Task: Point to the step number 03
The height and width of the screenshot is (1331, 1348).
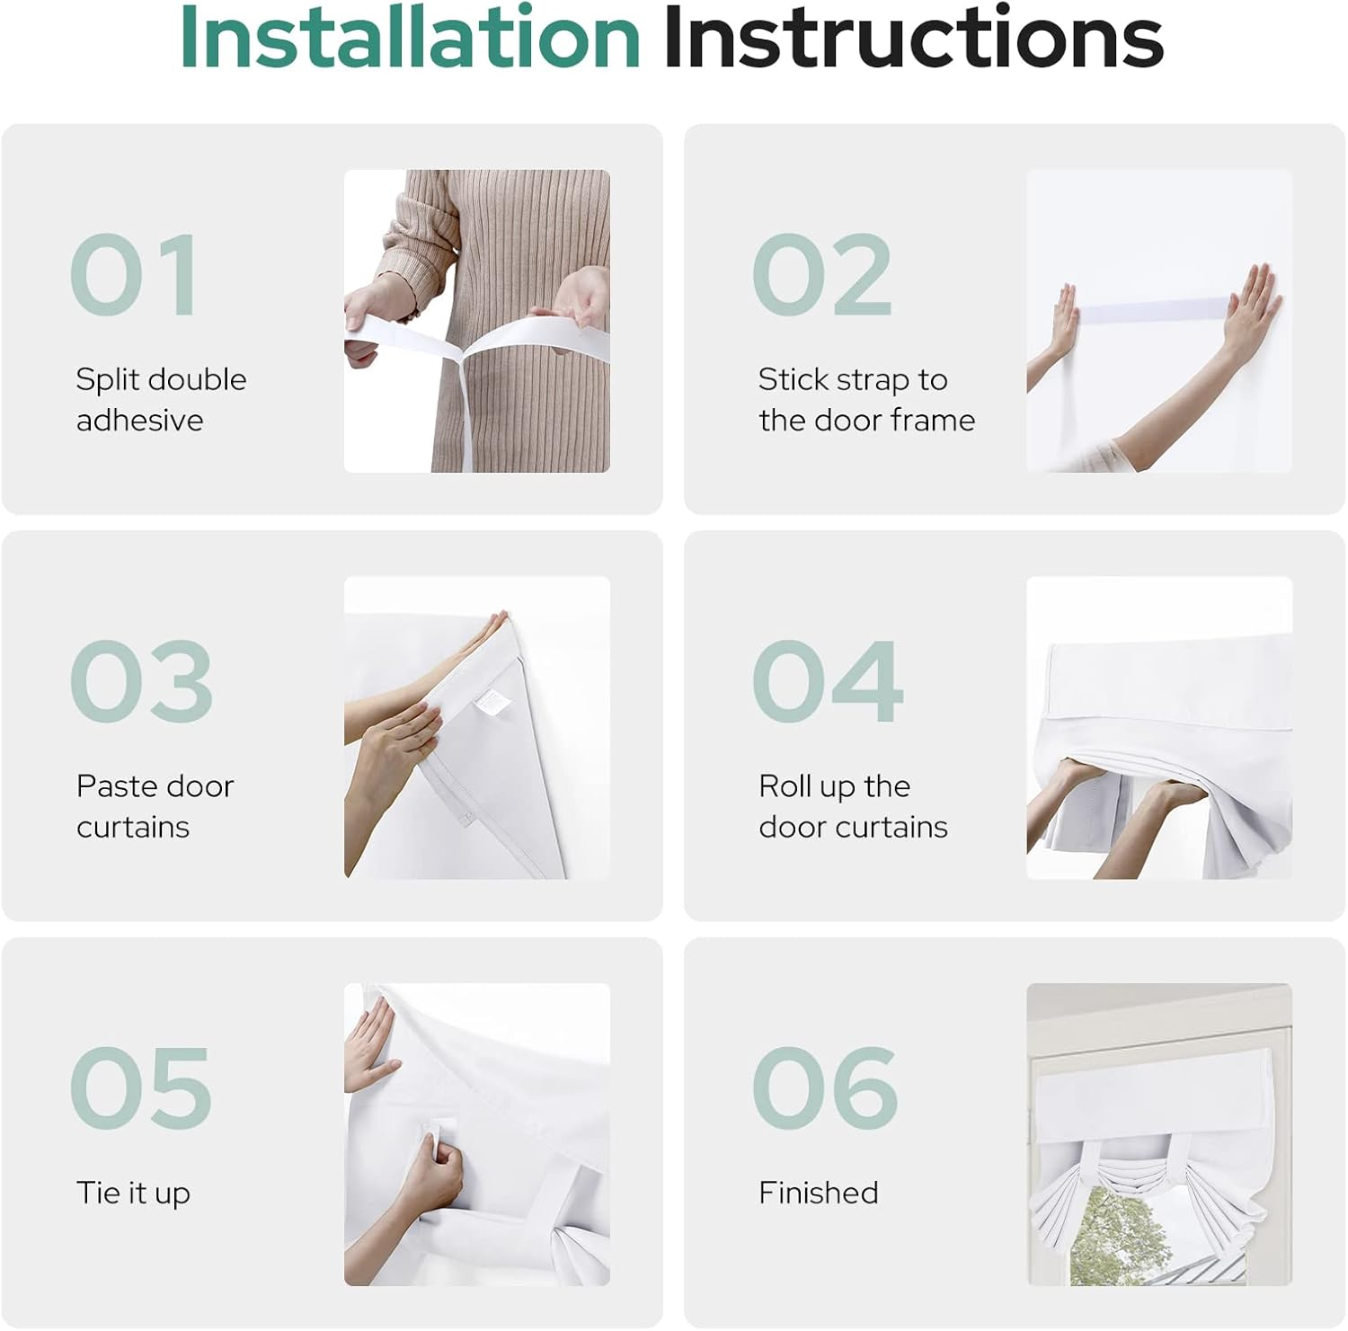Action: [141, 681]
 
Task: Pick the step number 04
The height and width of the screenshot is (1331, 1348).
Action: [828, 681]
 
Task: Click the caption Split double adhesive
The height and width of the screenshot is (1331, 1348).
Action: [161, 399]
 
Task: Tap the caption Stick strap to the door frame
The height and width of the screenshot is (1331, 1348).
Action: [866, 399]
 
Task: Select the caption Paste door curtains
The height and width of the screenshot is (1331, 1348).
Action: [155, 806]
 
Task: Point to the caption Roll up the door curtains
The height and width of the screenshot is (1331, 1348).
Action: [853, 806]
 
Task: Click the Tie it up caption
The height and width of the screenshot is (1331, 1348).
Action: [133, 1193]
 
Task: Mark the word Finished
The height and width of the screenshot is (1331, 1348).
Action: [819, 1193]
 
